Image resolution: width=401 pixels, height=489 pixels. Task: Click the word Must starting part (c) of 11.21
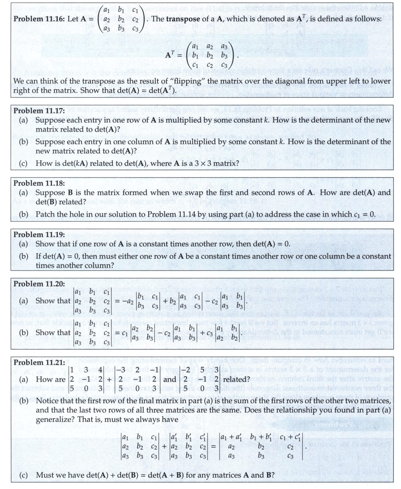point(45,475)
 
